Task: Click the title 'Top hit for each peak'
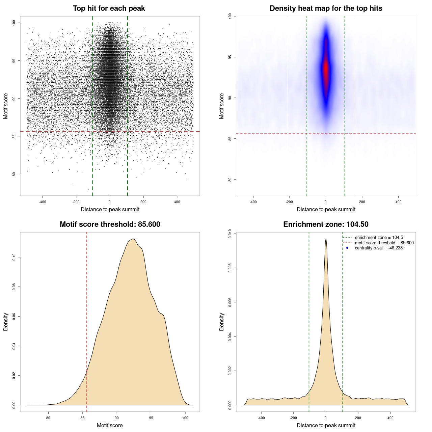tap(109, 8)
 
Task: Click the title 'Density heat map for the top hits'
tap(326, 8)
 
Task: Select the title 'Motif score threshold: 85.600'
tap(110, 224)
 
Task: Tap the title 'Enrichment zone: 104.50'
tap(326, 224)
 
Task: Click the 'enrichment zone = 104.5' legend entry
tap(379, 238)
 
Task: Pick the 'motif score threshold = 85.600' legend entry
tap(384, 243)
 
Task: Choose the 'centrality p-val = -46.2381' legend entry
tap(380, 248)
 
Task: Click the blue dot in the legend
tap(347, 248)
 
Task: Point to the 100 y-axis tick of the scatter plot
tap(14, 23)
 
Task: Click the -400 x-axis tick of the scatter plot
tap(43, 202)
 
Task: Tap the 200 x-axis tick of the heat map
tap(362, 202)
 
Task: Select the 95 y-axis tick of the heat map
tap(230, 57)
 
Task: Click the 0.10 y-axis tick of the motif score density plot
tap(14, 258)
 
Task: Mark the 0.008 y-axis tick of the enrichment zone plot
tap(230, 268)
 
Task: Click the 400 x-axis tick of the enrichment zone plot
tap(390, 418)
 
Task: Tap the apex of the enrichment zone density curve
tap(326, 239)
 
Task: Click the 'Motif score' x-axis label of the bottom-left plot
tap(110, 425)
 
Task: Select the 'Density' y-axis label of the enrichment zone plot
tap(222, 322)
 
